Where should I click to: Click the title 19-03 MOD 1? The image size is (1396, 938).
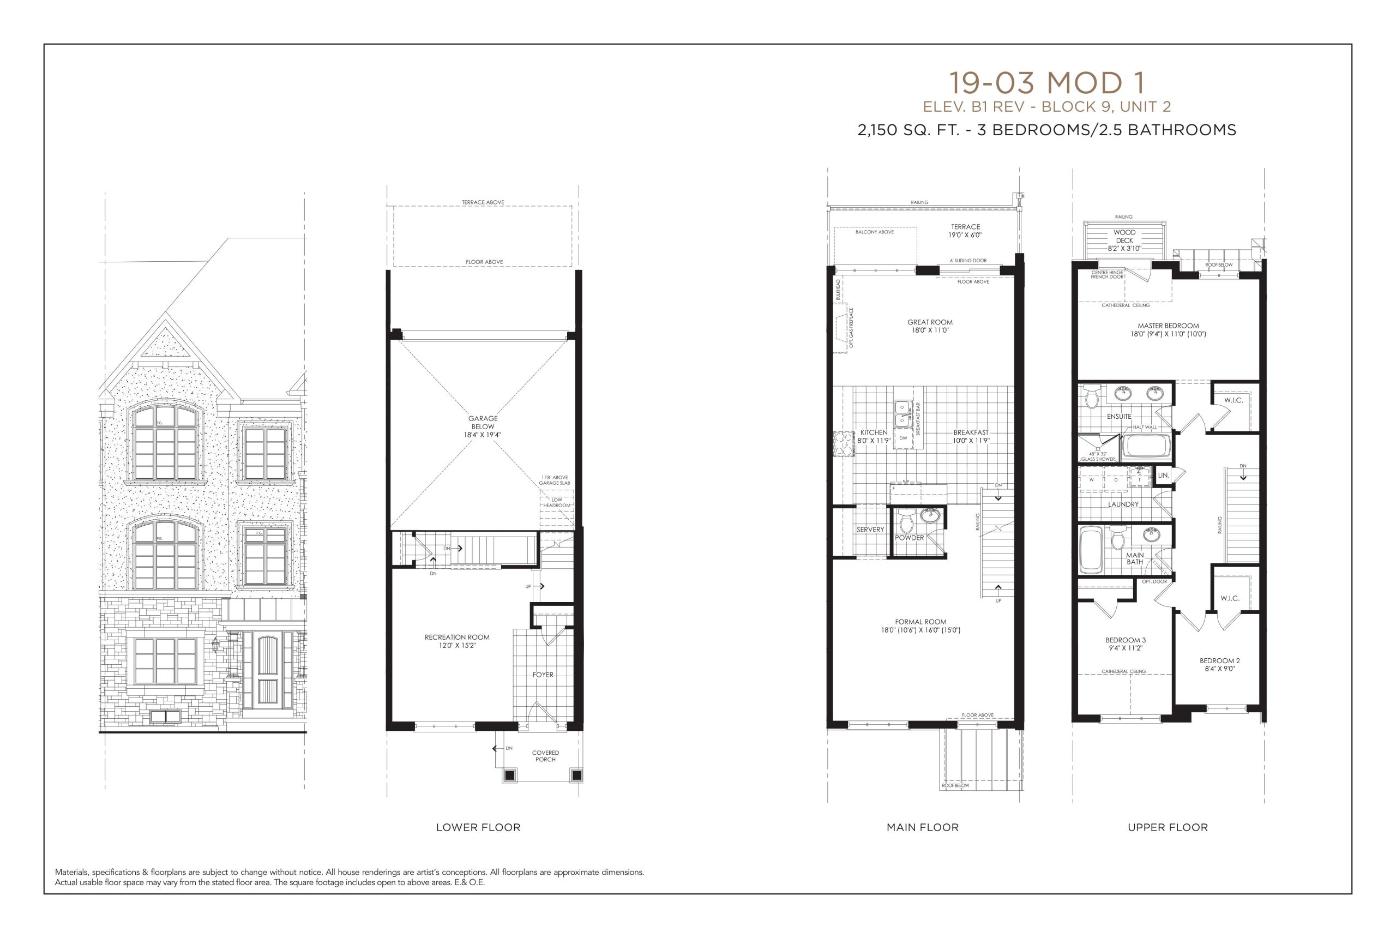pyautogui.click(x=1046, y=83)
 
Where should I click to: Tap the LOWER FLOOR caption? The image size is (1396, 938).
pyautogui.click(x=478, y=827)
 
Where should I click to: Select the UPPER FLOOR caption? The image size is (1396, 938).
pyautogui.click(x=1168, y=827)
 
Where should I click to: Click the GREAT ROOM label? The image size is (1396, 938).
pyautogui.click(x=930, y=322)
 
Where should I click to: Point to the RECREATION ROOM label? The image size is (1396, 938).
pyautogui.click(x=457, y=637)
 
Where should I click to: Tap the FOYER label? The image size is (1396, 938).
pyautogui.click(x=543, y=675)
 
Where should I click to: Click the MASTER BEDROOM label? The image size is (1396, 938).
pyautogui.click(x=1168, y=326)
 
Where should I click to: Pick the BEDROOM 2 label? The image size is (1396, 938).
pyautogui.click(x=1219, y=661)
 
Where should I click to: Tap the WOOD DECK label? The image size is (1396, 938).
pyautogui.click(x=1124, y=236)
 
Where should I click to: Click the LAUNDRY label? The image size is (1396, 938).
pyautogui.click(x=1123, y=504)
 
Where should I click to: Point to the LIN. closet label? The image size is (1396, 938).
pyautogui.click(x=1163, y=476)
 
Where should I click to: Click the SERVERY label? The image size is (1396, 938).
pyautogui.click(x=870, y=530)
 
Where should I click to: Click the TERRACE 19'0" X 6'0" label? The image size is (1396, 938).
pyautogui.click(x=965, y=231)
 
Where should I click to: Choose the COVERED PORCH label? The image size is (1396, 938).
pyautogui.click(x=545, y=756)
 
